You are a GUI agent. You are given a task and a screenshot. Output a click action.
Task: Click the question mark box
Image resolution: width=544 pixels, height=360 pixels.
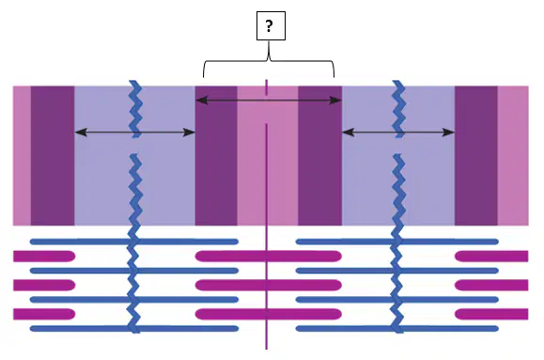point(271,25)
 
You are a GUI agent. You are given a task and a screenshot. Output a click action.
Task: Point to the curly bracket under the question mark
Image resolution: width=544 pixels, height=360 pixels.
point(269,61)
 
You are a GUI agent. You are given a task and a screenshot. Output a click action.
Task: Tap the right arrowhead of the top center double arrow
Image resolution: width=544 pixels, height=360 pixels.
point(335,101)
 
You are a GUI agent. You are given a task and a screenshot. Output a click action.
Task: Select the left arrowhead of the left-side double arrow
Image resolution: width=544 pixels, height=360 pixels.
point(81,132)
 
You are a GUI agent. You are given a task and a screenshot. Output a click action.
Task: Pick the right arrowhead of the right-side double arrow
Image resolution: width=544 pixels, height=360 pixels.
point(448,133)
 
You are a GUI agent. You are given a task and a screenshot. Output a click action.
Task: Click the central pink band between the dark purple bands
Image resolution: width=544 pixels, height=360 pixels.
point(268,155)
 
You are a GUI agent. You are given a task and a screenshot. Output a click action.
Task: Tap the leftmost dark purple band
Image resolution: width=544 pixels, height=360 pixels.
point(53,155)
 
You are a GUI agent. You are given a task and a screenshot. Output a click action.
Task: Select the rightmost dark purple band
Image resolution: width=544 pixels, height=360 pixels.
point(476,155)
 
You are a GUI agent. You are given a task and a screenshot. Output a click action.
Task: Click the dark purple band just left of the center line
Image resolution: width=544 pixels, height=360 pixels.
point(216,155)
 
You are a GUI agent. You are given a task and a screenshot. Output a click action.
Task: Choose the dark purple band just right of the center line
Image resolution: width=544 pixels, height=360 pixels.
point(319,155)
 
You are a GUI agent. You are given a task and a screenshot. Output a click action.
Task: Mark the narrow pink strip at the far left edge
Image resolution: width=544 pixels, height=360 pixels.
point(22,155)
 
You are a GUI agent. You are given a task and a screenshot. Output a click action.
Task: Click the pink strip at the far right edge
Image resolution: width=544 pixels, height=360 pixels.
point(513,155)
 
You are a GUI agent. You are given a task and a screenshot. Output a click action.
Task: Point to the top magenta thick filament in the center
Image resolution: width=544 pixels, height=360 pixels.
point(268,257)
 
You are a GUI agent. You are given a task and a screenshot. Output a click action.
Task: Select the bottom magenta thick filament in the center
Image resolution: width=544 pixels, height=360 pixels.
point(268,314)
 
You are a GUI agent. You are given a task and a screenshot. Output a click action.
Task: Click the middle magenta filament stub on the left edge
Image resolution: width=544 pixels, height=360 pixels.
point(44,285)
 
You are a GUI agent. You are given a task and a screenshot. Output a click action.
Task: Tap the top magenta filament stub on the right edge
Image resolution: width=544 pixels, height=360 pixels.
point(491,257)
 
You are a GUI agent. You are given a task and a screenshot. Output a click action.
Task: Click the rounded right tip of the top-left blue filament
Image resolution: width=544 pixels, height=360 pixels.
point(236,242)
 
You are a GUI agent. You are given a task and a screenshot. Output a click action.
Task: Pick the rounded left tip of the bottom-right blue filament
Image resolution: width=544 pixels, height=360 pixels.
point(299,328)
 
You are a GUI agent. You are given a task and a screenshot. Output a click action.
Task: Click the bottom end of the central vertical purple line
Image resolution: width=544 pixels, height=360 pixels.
point(267,349)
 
